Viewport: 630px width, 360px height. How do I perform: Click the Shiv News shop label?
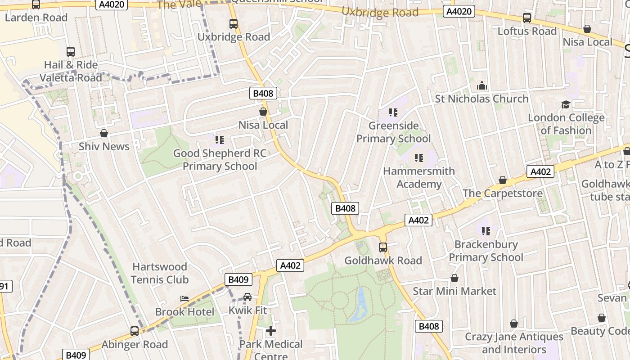(104, 146)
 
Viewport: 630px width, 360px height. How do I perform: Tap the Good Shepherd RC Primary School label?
(220, 160)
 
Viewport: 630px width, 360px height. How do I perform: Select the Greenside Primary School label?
(393, 132)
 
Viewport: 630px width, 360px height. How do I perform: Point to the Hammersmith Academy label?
(419, 178)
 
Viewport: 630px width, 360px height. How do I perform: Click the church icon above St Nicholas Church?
(481, 85)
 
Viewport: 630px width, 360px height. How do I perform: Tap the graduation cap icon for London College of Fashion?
(566, 105)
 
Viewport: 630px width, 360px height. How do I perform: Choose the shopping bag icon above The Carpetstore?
(503, 180)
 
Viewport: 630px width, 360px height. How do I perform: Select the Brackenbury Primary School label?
(486, 251)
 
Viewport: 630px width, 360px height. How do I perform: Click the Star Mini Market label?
(454, 291)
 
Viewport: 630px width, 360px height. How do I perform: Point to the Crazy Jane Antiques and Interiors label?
(513, 343)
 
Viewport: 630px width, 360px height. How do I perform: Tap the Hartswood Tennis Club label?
(160, 273)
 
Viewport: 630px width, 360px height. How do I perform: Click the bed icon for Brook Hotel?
(184, 299)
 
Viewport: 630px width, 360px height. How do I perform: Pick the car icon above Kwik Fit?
(247, 297)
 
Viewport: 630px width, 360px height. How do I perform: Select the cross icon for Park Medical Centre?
(270, 331)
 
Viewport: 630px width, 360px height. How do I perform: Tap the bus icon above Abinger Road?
(135, 331)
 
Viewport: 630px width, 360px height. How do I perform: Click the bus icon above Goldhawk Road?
(383, 247)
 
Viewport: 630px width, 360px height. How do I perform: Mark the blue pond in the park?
(360, 304)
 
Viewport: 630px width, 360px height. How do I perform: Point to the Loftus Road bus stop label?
(527, 31)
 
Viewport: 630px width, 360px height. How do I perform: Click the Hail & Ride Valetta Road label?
(71, 71)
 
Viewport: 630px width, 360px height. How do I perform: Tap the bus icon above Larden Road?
(36, 4)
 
